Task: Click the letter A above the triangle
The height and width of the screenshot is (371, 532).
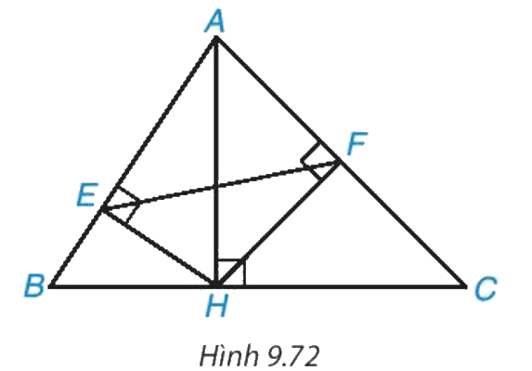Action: click(x=215, y=21)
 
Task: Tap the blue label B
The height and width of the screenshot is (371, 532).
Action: click(x=34, y=285)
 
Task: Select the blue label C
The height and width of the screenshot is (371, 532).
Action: click(x=486, y=288)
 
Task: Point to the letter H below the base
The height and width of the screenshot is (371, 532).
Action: click(x=217, y=305)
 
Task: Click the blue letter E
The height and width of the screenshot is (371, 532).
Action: click(x=87, y=194)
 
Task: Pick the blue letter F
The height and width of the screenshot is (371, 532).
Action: click(x=357, y=143)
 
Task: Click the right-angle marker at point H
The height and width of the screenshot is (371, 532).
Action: click(x=230, y=272)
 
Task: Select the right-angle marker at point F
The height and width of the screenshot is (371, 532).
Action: click(x=318, y=161)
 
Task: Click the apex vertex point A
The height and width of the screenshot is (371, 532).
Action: click(x=216, y=38)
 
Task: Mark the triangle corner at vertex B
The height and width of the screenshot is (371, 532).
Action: click(x=52, y=285)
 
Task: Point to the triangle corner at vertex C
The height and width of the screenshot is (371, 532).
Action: click(x=464, y=286)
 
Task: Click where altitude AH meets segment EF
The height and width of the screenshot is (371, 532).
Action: click(x=216, y=187)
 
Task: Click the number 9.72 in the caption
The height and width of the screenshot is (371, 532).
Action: click(x=293, y=357)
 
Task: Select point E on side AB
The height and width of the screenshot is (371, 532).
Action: click(x=103, y=208)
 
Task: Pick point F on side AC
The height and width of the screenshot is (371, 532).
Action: click(x=338, y=163)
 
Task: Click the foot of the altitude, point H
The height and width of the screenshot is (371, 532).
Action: click(x=216, y=285)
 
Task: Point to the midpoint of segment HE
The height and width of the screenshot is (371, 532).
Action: click(x=160, y=247)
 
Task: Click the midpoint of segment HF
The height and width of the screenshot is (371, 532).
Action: click(x=278, y=224)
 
